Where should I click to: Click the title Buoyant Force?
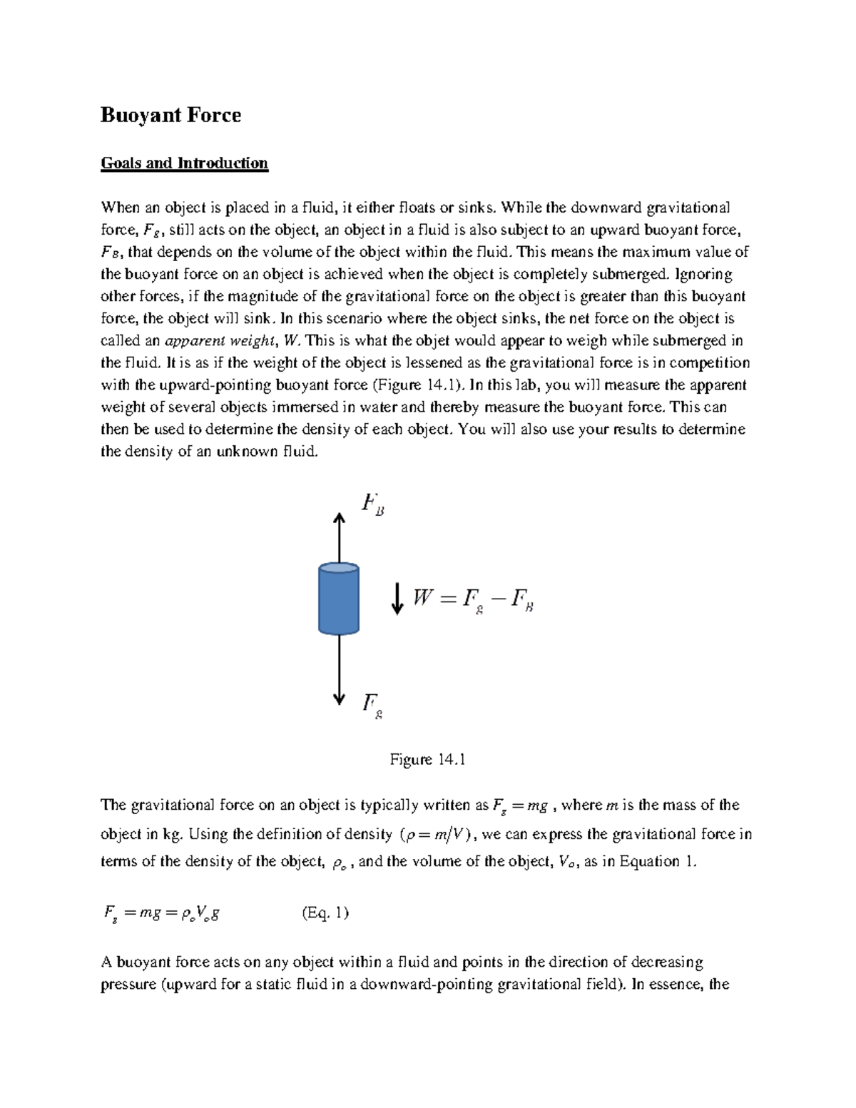[170, 116]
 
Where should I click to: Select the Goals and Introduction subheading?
[184, 163]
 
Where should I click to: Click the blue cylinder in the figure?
[338, 599]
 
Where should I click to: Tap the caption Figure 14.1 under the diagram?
[427, 760]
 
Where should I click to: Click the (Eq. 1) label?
[325, 913]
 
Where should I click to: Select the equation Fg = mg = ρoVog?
[160, 913]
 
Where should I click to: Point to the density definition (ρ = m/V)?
[438, 835]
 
